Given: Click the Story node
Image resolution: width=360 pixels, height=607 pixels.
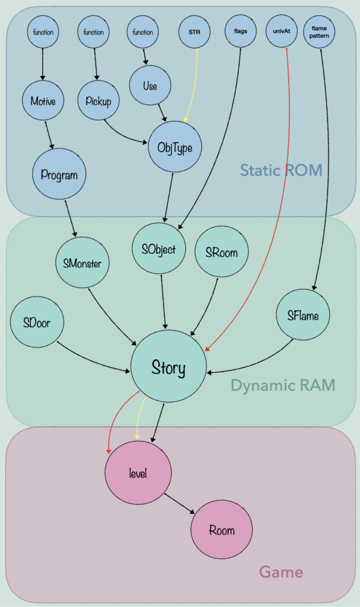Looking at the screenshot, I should (168, 368).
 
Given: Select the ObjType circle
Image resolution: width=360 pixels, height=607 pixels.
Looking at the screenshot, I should (176, 146).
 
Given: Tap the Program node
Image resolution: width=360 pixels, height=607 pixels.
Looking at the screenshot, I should (60, 174).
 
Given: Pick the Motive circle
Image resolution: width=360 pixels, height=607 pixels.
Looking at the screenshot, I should (43, 101).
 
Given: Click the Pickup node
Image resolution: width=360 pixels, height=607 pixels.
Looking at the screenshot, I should (98, 100).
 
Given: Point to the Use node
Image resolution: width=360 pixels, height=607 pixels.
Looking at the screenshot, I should (150, 86).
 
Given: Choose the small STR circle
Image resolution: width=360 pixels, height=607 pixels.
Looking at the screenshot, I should (195, 33).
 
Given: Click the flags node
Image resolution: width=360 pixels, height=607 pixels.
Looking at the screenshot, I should (241, 32).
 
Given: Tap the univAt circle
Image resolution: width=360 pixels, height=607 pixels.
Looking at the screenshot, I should (282, 32).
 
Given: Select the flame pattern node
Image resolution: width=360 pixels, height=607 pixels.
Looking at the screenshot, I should (319, 32).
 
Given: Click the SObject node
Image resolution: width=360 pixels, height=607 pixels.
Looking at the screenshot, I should (158, 249).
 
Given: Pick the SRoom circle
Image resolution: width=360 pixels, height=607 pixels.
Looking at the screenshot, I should (221, 252).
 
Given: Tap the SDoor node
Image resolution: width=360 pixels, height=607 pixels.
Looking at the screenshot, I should (37, 324).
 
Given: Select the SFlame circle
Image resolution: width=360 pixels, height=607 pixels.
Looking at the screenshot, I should (303, 315).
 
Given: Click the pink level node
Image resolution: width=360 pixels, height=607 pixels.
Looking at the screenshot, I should (138, 472).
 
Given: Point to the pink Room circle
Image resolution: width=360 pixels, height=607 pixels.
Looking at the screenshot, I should (222, 530).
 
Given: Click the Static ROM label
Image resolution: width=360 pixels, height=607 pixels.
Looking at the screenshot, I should (281, 171).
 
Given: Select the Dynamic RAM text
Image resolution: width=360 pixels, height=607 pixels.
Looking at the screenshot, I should (282, 385).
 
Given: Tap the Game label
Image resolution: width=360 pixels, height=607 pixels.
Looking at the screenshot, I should (281, 572).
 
